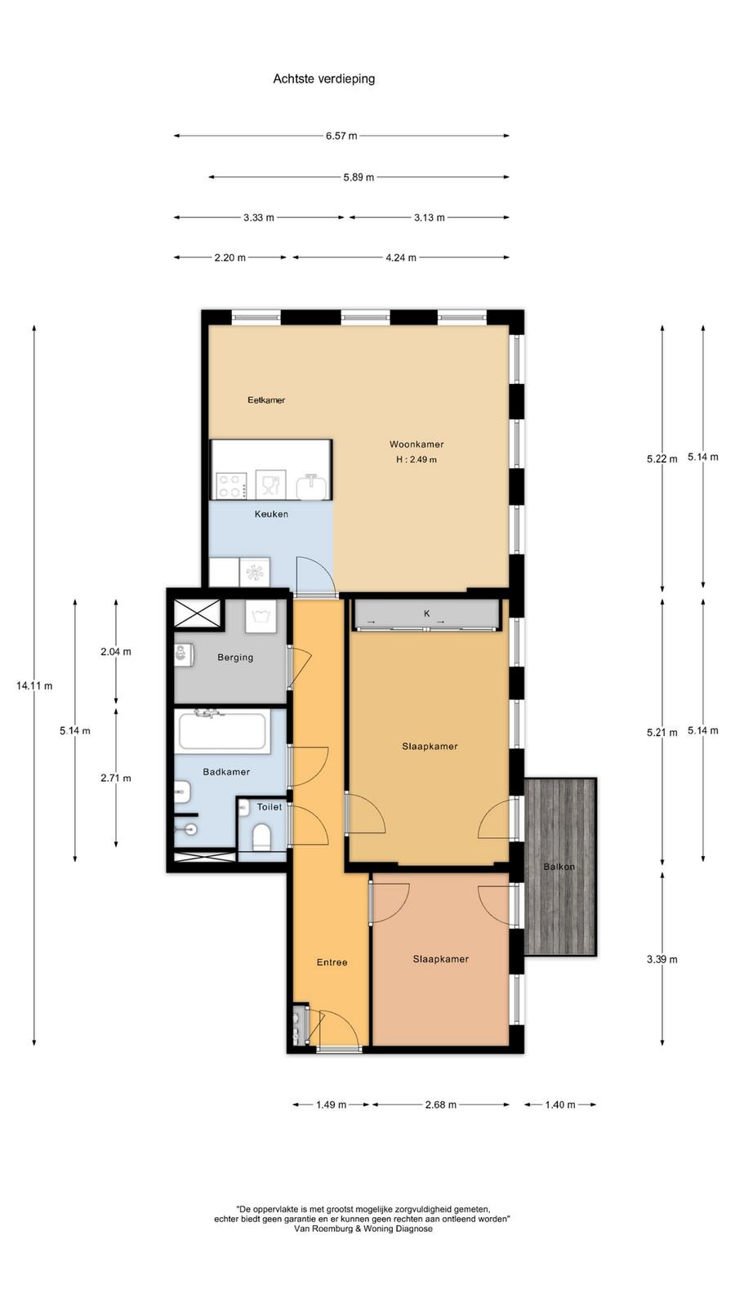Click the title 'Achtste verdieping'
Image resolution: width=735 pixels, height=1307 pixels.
tap(323, 78)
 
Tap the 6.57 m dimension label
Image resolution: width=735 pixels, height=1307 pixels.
tap(341, 136)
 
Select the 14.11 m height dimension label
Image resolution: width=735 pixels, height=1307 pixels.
tap(34, 685)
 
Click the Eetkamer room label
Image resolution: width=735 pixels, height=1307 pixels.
tap(266, 400)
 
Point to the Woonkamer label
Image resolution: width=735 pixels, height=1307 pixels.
tap(416, 444)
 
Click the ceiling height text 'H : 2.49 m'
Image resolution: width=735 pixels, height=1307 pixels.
tap(416, 459)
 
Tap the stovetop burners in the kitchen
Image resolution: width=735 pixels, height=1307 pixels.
tap(230, 485)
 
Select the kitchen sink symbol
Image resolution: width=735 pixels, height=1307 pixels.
tap(311, 487)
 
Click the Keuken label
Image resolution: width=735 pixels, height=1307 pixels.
tap(271, 514)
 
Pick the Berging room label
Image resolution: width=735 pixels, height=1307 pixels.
tap(236, 657)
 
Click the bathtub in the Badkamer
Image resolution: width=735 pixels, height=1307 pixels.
tap(225, 730)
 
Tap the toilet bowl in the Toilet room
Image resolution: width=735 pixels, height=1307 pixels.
tap(262, 837)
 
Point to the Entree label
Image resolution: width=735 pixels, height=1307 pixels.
tap(332, 962)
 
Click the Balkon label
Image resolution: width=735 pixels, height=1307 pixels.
tap(559, 867)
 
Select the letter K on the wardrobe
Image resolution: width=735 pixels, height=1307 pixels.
tap(427, 613)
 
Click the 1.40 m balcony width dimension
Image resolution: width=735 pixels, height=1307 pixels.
tap(560, 1104)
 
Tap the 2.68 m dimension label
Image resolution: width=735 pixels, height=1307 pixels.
tap(440, 1104)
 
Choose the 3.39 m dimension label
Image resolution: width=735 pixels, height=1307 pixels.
tap(662, 959)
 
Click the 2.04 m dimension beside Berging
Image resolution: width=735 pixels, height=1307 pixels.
tap(115, 652)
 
